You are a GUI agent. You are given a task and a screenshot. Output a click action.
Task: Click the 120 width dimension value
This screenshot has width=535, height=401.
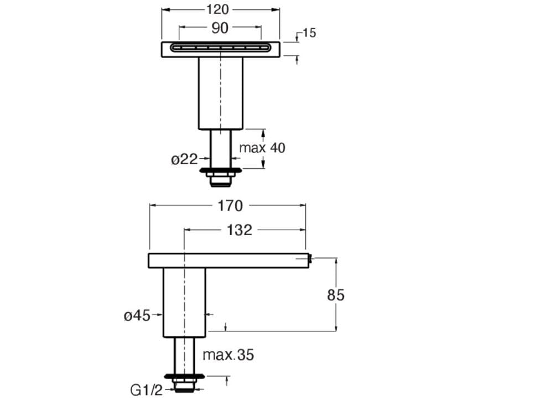pos(220,9)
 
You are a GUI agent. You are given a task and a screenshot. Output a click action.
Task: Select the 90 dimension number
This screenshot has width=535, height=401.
pos(220,28)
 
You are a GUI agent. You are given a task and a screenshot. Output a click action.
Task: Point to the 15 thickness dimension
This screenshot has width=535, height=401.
pos(309,33)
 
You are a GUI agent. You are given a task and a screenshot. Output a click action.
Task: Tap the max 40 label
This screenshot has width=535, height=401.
pos(262,148)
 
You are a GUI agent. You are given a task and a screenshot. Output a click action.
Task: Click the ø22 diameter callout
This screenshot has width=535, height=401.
pos(184,159)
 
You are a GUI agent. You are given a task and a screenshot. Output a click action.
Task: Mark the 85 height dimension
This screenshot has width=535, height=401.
pos(335,295)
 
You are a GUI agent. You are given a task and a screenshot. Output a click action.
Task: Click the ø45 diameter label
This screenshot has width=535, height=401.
pos(137,316)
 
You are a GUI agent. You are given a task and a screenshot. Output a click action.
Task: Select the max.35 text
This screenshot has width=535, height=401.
pos(228,355)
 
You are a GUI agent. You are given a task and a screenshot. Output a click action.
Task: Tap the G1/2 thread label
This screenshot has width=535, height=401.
pos(146,391)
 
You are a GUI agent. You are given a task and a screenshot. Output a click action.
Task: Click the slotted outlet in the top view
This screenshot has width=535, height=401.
pos(221,48)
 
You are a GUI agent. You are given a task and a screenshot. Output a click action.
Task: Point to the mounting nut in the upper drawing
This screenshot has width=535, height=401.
pos(221,173)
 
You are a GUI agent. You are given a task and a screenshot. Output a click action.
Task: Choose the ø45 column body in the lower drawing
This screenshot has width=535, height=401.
pos(184,302)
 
